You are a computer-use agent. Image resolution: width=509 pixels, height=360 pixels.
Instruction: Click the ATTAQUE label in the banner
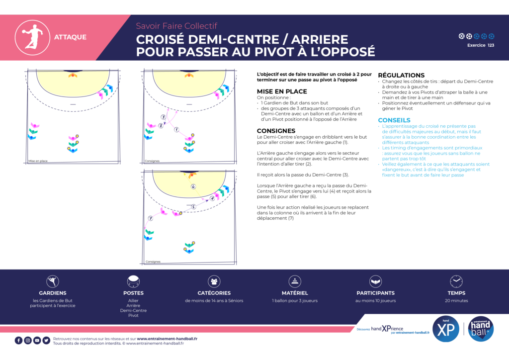click(x=70, y=37)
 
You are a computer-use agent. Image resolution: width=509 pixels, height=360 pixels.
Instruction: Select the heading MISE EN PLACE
click(x=282, y=91)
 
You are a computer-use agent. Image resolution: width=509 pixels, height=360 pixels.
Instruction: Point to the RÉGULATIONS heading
click(x=401, y=76)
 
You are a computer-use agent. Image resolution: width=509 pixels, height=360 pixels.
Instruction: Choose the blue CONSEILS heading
click(x=394, y=120)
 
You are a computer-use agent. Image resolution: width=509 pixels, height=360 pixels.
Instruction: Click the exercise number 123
click(x=491, y=45)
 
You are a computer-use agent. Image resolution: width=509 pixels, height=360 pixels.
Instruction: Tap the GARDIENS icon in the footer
click(x=53, y=281)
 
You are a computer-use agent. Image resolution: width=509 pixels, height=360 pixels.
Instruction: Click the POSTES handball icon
click(x=133, y=281)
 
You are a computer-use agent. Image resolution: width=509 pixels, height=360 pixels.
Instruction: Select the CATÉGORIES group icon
click(x=214, y=281)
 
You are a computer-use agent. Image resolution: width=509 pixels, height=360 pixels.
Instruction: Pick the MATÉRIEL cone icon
click(x=295, y=281)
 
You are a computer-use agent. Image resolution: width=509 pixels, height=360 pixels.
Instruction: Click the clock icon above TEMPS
click(x=456, y=281)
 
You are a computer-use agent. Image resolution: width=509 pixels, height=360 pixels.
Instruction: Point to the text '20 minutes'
click(x=456, y=300)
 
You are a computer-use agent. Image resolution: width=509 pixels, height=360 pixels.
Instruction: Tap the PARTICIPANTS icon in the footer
click(x=376, y=281)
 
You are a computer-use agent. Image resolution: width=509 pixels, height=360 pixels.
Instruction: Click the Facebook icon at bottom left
click(x=19, y=341)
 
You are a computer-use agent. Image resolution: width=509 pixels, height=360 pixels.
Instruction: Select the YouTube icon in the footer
click(x=37, y=341)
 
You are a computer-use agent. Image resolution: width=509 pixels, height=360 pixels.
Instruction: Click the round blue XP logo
click(x=445, y=329)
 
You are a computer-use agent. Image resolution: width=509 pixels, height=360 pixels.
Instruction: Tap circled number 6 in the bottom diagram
click(x=193, y=187)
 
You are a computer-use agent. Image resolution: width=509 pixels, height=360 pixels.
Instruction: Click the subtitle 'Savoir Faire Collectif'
click(x=176, y=26)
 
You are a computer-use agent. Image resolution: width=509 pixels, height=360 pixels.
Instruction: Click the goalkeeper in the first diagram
click(x=73, y=75)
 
